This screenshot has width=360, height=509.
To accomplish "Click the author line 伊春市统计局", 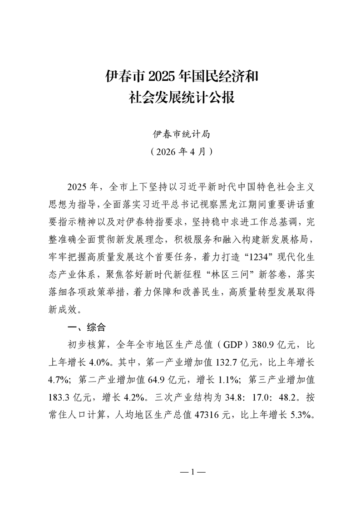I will [180, 134].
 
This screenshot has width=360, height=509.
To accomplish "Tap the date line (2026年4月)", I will [180, 151].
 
